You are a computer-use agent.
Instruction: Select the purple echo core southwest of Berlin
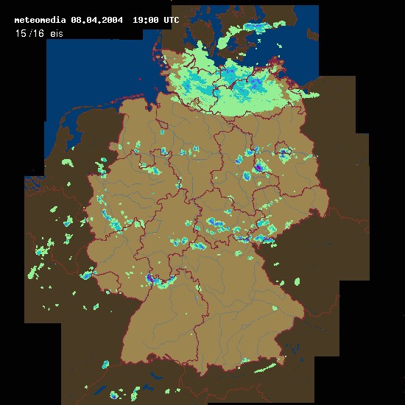pyautogui.click(x=258, y=166)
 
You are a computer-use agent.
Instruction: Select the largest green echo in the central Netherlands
pyautogui.click(x=67, y=162)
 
